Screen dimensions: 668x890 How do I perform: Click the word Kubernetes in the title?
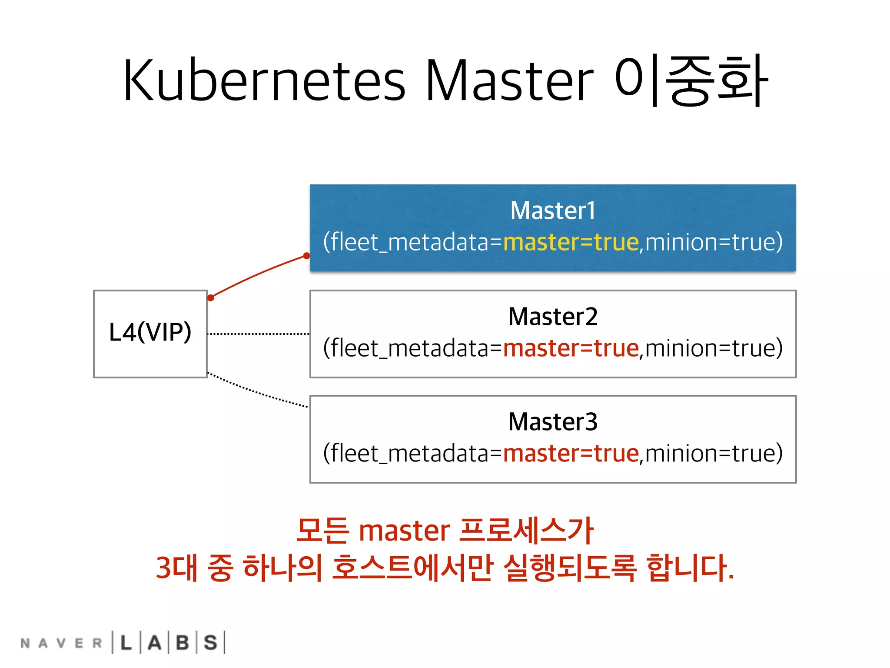point(264,81)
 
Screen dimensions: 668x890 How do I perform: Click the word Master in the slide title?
point(509,81)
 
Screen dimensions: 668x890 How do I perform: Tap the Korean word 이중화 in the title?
point(691,81)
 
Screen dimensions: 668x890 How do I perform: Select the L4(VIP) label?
point(150,333)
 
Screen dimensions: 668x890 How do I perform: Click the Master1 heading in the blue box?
point(553,211)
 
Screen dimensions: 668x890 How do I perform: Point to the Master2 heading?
point(553,317)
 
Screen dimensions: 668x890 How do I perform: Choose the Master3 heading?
point(553,422)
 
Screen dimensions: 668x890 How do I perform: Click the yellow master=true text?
point(571,242)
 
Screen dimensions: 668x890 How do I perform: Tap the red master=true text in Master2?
point(571,348)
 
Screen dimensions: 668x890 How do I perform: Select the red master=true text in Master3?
point(571,454)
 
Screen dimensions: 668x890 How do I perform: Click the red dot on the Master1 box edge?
point(307,256)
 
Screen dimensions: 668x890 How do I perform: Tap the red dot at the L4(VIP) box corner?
point(211,298)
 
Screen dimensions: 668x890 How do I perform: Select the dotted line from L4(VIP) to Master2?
point(259,334)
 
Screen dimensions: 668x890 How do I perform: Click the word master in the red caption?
point(404,531)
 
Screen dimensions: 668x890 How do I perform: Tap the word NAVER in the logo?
point(61,643)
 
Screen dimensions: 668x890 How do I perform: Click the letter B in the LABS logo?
point(183,643)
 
